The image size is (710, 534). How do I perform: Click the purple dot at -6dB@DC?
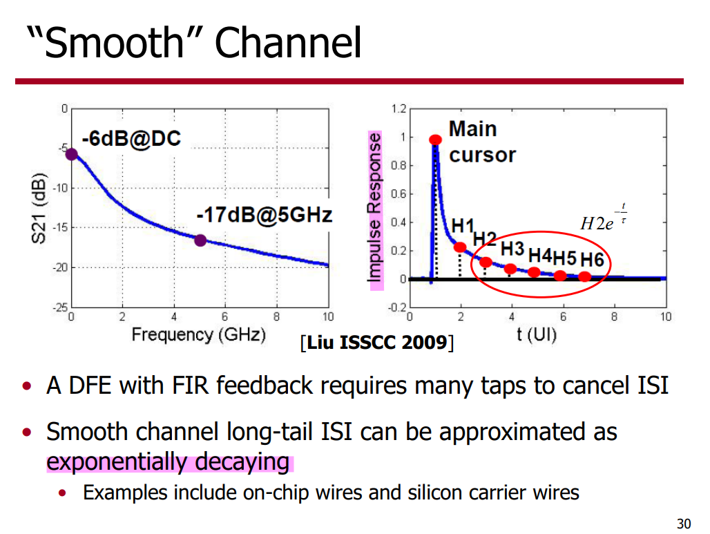coord(71,153)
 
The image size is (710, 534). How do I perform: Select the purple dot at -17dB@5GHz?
coord(200,240)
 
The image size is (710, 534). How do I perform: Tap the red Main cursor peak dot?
coord(435,140)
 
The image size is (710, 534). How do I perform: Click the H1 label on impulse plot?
coord(463,226)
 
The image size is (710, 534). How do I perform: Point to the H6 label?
coord(592,260)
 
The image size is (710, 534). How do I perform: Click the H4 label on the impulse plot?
coord(540,256)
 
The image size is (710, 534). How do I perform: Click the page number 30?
coord(684,523)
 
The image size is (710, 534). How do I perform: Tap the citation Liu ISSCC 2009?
coord(377,342)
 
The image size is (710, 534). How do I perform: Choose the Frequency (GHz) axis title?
coord(199,336)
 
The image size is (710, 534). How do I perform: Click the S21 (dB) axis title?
coord(40,208)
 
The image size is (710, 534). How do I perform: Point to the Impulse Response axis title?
coord(376,210)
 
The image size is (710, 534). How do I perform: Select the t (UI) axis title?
coord(537,336)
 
